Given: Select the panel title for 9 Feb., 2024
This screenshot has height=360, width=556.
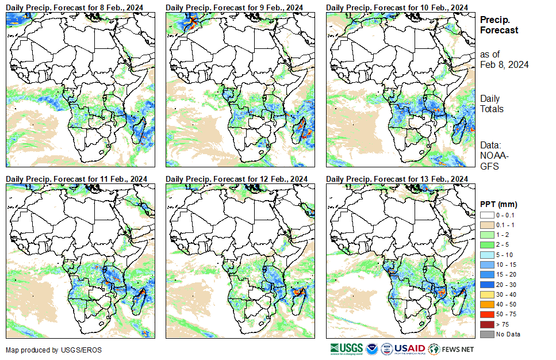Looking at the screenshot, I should (234, 6).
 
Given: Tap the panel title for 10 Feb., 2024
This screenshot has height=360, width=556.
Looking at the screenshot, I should (397, 6).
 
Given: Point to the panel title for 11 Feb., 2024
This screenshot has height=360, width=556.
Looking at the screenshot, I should (76, 179).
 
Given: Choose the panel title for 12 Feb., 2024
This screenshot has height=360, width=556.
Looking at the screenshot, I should (236, 179).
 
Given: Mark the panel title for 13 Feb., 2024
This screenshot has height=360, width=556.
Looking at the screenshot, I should (397, 179).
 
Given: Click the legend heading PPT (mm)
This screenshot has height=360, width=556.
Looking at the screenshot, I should (499, 204).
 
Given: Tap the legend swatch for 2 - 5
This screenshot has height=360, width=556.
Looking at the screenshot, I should (487, 244).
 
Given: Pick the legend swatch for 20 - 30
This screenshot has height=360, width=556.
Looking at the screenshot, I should (487, 284).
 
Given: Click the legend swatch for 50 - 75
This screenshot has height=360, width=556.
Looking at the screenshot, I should (487, 314).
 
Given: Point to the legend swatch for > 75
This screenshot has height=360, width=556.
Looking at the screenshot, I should (487, 324).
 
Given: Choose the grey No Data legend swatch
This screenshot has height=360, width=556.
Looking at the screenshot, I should (487, 334).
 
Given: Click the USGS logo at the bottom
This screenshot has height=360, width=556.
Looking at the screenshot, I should (347, 348).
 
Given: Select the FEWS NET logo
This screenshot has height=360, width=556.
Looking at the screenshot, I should (452, 348).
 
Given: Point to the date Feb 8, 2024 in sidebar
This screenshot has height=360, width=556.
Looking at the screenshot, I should (504, 64).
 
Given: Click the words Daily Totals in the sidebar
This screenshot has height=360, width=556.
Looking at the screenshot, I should (492, 104).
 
